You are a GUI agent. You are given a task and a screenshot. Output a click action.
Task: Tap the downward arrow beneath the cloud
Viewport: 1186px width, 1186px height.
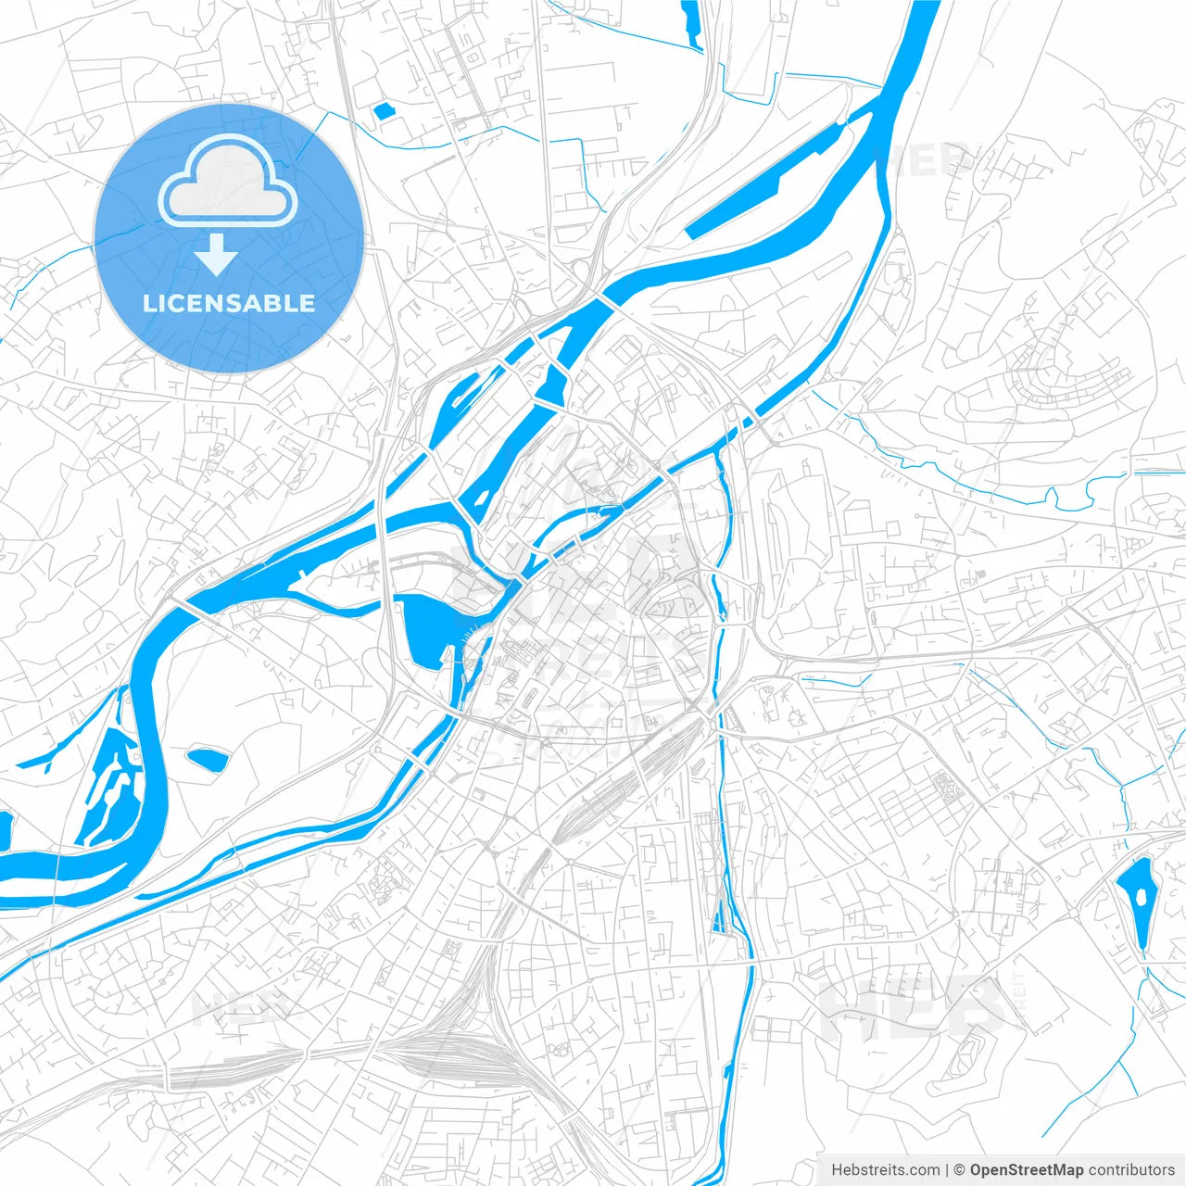tap(217, 255)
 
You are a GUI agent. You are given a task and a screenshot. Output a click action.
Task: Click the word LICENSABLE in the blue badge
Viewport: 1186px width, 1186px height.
tap(229, 303)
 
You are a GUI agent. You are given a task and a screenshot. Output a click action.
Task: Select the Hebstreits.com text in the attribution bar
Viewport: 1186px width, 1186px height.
tap(885, 1170)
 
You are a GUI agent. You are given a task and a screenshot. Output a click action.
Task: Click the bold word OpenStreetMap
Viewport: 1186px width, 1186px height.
tap(1026, 1170)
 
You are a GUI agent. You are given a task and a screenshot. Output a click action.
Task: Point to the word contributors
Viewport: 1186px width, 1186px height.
tap(1130, 1170)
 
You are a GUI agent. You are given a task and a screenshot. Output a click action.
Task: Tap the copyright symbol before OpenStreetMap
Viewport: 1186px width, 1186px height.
tap(960, 1170)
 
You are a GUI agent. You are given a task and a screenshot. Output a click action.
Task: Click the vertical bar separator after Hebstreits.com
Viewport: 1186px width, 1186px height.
tap(947, 1170)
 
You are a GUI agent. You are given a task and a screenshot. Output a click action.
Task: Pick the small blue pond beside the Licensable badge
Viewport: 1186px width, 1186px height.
tap(383, 111)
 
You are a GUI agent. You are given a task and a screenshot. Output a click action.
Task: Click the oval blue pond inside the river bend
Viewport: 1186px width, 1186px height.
tap(208, 760)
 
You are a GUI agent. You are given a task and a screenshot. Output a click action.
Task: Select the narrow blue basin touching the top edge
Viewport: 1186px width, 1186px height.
tap(691, 22)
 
